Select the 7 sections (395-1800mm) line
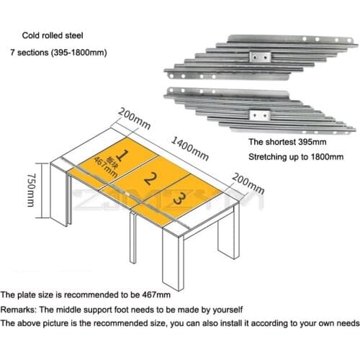pyautogui.click(x=58, y=53)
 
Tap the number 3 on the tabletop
pyautogui.click(x=182, y=198)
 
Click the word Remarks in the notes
pyautogui.click(x=18, y=309)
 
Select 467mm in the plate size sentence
pyautogui.click(x=155, y=294)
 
